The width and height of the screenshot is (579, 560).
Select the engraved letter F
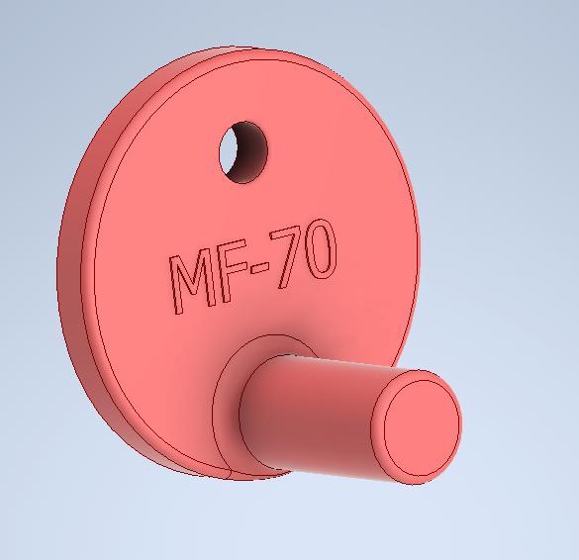pyautogui.click(x=232, y=273)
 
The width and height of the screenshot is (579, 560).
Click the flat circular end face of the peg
pyautogui.click(x=421, y=425)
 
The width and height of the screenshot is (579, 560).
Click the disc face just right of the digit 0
pyautogui.click(x=366, y=247)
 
